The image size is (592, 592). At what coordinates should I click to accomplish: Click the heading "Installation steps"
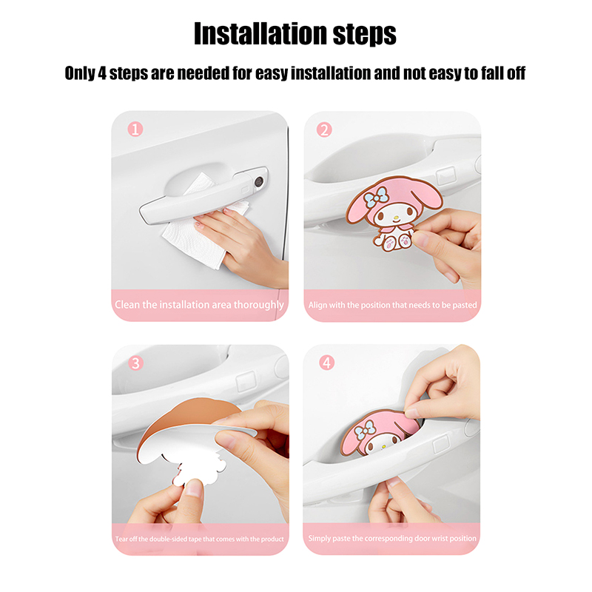(295, 33)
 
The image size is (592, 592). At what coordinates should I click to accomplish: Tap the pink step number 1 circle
(135, 129)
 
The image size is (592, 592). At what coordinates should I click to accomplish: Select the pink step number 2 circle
(324, 130)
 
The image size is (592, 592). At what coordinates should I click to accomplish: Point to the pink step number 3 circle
(135, 363)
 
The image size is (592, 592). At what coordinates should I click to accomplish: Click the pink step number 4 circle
(327, 363)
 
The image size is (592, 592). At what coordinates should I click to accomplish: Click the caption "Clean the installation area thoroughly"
(199, 305)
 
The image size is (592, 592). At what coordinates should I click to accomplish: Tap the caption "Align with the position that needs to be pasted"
(393, 305)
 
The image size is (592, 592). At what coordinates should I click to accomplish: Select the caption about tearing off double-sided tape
(200, 539)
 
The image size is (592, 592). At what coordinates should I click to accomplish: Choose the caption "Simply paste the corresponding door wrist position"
(392, 539)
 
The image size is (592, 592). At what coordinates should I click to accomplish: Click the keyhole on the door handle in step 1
(259, 182)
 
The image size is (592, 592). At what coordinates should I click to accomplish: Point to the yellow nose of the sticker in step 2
(396, 218)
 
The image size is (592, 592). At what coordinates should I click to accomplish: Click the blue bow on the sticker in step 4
(365, 430)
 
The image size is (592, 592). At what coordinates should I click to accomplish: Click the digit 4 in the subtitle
(102, 73)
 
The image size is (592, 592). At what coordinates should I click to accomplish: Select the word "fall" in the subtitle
(492, 73)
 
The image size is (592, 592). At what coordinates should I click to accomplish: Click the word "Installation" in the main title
(260, 33)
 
